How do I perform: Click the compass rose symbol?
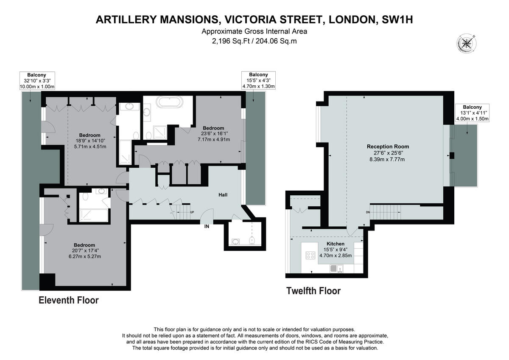466,43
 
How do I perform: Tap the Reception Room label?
388,146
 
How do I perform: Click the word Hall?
223,195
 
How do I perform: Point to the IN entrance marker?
207,227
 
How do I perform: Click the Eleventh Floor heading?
69,301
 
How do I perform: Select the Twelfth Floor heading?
313,291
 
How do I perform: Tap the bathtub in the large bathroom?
170,103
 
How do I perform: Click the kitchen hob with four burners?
310,255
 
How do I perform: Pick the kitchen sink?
334,268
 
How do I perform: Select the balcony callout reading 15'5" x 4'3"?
258,80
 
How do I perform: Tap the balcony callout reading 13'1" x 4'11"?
472,113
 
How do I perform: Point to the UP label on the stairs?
192,212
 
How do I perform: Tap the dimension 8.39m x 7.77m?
388,159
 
